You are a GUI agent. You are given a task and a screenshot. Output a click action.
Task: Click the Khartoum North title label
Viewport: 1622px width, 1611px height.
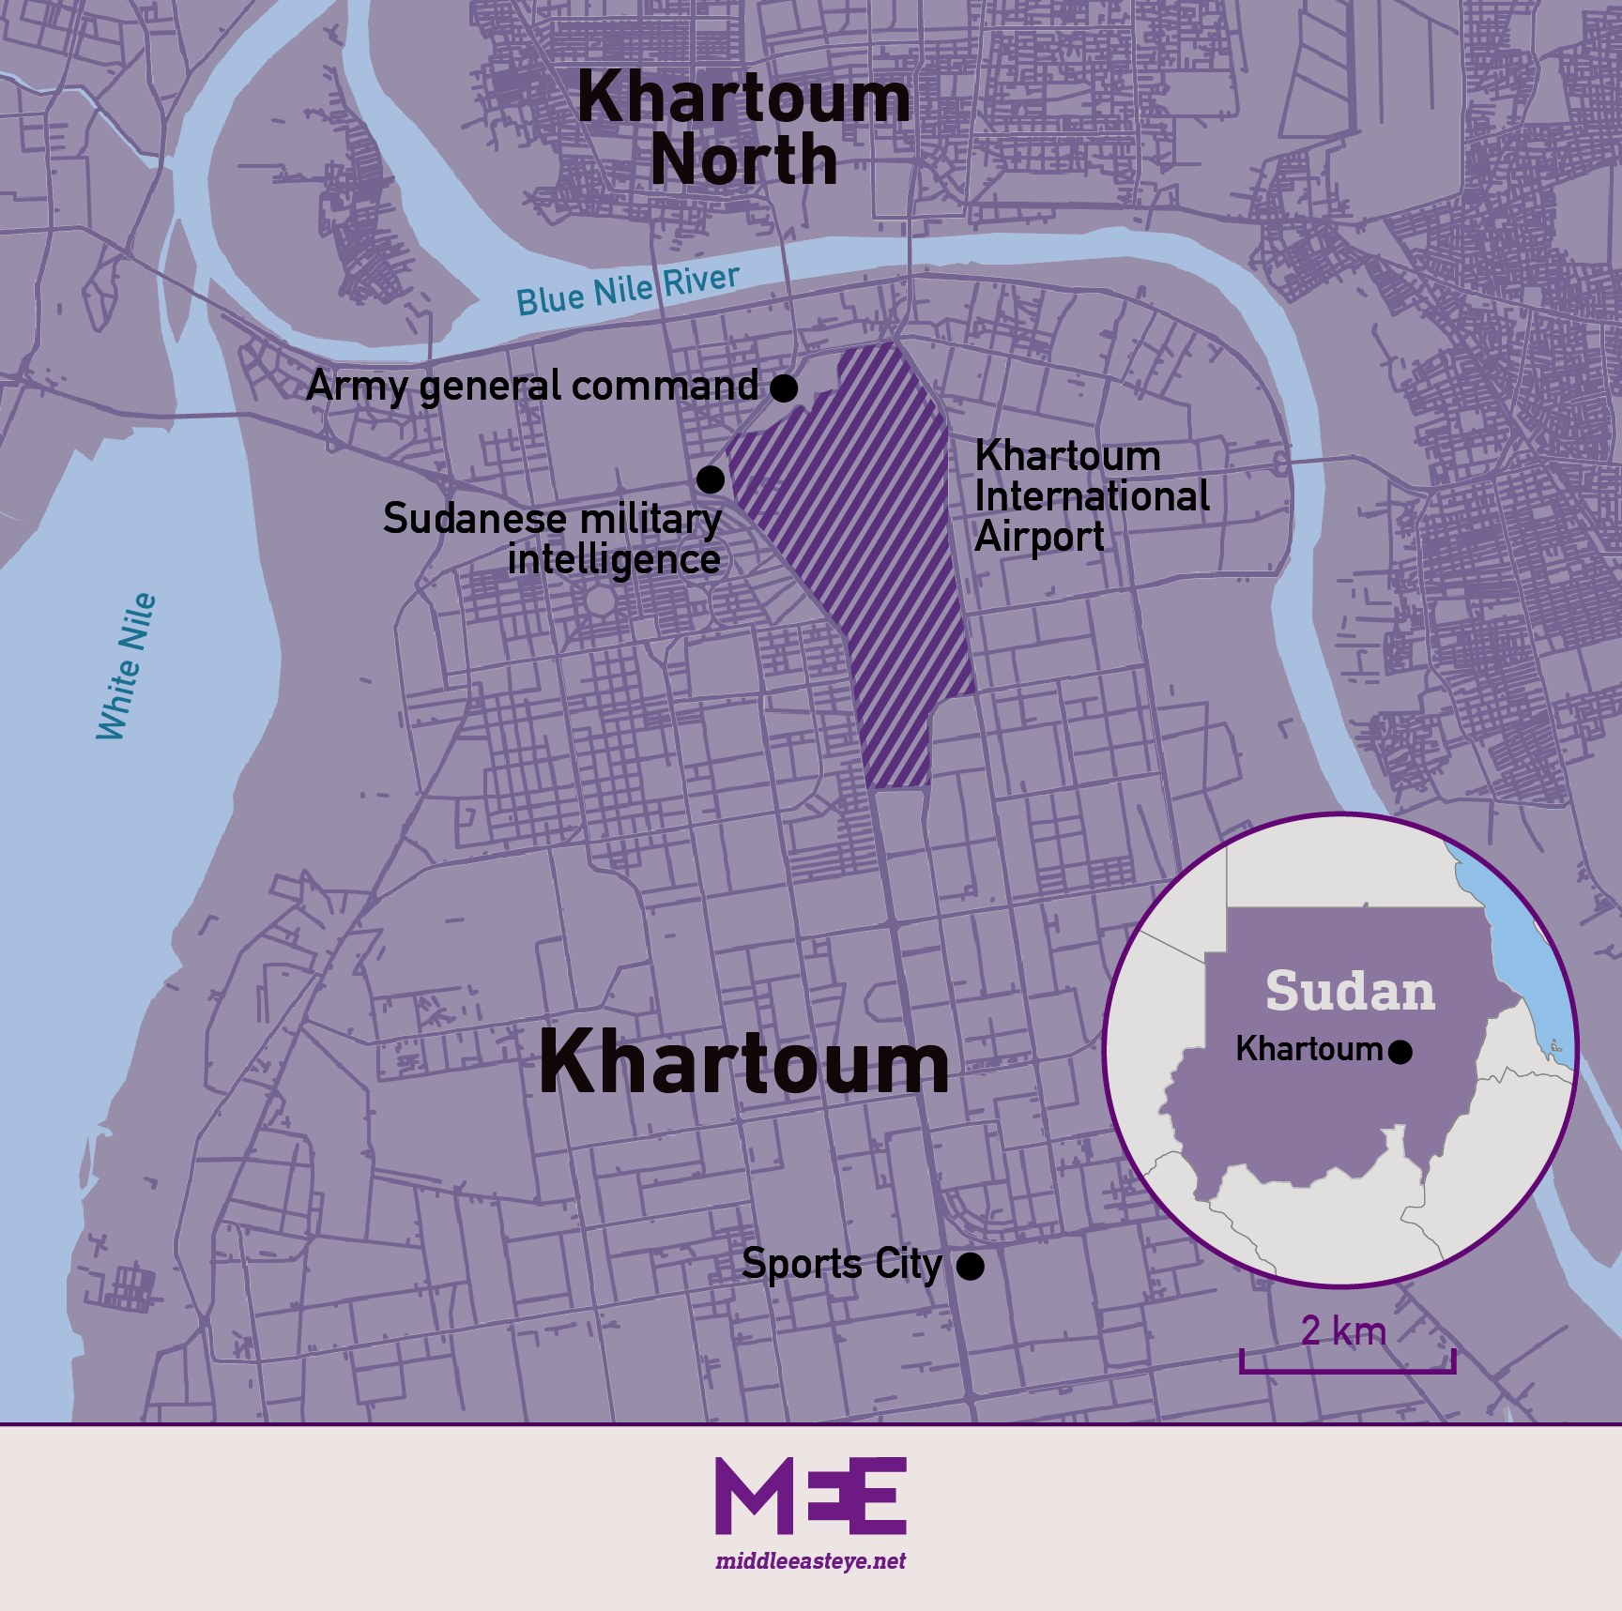tap(743, 129)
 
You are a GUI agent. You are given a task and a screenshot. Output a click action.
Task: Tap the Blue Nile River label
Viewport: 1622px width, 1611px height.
tap(628, 289)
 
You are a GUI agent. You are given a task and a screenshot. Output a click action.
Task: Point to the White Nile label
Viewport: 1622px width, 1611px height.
tap(127, 666)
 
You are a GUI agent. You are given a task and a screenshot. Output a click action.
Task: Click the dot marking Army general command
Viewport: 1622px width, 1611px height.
tap(784, 387)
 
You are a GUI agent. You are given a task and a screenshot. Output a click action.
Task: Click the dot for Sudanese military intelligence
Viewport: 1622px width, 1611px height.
tap(711, 479)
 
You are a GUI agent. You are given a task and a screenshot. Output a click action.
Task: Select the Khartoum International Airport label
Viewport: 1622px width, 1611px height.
tap(1091, 496)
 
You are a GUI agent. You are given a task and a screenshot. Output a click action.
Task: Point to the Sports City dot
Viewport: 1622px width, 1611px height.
tap(970, 1267)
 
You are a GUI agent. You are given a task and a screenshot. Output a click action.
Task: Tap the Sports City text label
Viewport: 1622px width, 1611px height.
tap(841, 1265)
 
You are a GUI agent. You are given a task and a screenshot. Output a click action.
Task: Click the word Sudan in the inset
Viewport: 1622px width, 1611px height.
tap(1350, 992)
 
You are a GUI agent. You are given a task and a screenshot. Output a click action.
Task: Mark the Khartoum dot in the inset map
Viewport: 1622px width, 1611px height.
tap(1400, 1052)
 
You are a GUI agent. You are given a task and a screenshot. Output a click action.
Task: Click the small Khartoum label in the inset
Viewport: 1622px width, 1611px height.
tap(1308, 1049)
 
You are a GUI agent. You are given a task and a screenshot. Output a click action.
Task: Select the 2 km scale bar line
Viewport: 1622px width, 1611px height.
tap(1347, 1371)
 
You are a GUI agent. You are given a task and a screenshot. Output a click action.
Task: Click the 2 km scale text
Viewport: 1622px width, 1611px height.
tap(1343, 1331)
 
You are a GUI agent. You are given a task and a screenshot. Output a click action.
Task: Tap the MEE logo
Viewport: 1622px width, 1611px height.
tap(811, 1496)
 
